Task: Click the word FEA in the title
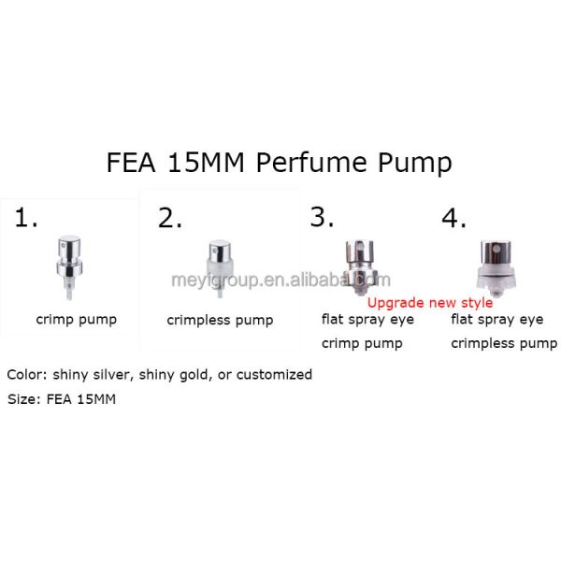click(x=131, y=163)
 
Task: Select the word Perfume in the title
click(x=311, y=163)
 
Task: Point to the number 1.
click(x=26, y=218)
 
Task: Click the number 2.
click(x=169, y=218)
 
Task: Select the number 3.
click(x=322, y=217)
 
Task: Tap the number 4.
click(x=453, y=218)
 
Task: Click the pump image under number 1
click(x=69, y=267)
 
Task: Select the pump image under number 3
click(x=360, y=267)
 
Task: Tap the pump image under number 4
click(x=496, y=268)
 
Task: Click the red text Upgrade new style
click(x=430, y=303)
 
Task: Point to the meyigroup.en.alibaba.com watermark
click(x=280, y=280)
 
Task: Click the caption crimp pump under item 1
click(x=77, y=320)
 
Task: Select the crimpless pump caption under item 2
click(x=220, y=320)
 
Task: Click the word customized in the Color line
click(x=274, y=375)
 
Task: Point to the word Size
click(x=22, y=399)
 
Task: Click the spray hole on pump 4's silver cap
click(x=496, y=249)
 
